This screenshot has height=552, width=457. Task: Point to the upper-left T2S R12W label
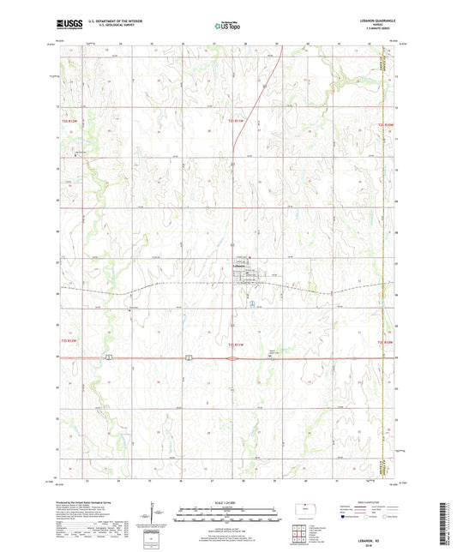click(x=53, y=123)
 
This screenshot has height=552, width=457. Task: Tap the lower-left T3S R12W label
click(x=53, y=318)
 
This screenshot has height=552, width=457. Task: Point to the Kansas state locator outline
click(x=304, y=507)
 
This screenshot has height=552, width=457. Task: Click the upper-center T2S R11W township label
click(x=242, y=123)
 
